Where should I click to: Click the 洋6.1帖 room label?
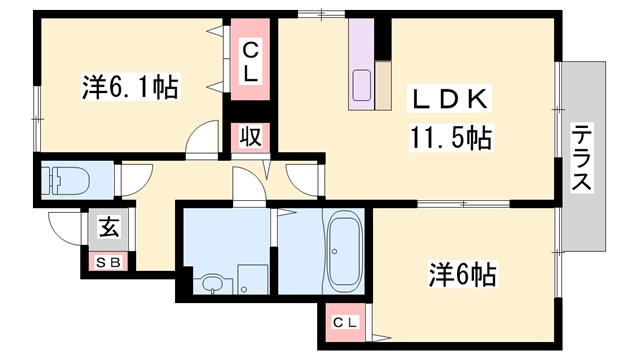click(x=129, y=88)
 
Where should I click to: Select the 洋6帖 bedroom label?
click(x=463, y=272)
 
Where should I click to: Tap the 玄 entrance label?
click(x=107, y=227)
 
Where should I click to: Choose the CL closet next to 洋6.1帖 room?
click(x=250, y=60)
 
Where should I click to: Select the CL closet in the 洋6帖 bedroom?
click(x=344, y=322)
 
